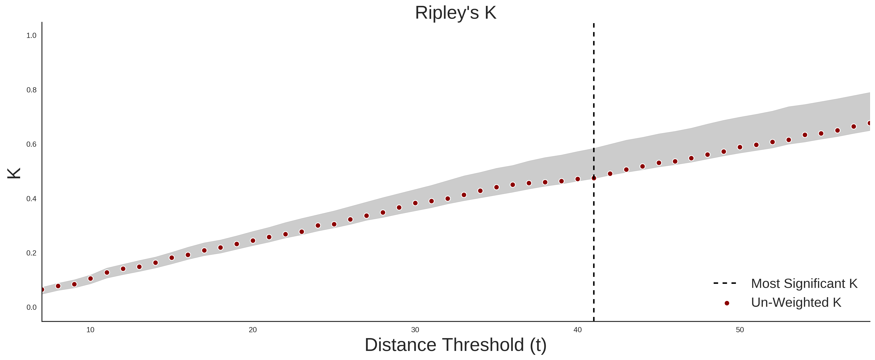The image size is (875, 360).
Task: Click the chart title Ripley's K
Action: point(455,13)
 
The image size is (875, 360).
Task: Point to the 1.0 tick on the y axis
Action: point(31,36)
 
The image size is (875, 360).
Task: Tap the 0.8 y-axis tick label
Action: point(31,90)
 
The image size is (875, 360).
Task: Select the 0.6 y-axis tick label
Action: point(31,144)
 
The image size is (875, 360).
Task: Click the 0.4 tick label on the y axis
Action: point(31,199)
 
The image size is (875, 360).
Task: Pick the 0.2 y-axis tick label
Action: point(31,253)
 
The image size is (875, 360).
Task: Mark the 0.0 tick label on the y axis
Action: point(31,307)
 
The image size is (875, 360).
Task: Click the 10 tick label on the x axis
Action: point(90,330)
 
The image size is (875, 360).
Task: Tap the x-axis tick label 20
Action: point(253,330)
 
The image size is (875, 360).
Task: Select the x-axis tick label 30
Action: point(415,330)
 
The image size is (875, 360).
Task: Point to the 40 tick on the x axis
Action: point(577,330)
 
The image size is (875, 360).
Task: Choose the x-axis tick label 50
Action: point(740,330)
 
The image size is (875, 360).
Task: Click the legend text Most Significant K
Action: point(804,284)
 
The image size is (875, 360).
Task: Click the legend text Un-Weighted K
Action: point(796,302)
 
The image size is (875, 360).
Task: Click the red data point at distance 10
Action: point(90,278)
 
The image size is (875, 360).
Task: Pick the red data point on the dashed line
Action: point(594,178)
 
